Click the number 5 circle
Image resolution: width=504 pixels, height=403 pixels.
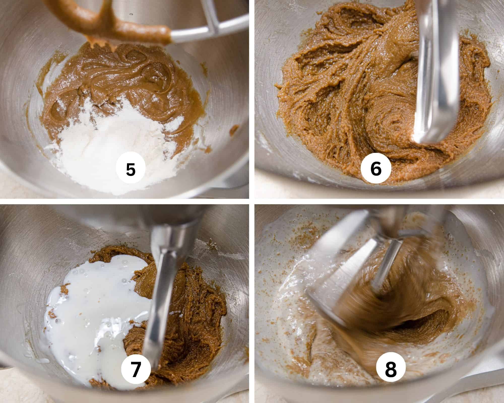click(x=131, y=169)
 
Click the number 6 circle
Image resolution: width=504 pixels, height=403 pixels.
click(x=376, y=169)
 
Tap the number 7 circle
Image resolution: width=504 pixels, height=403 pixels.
click(x=136, y=371)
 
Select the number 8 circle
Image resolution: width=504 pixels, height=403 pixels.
click(x=391, y=371)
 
